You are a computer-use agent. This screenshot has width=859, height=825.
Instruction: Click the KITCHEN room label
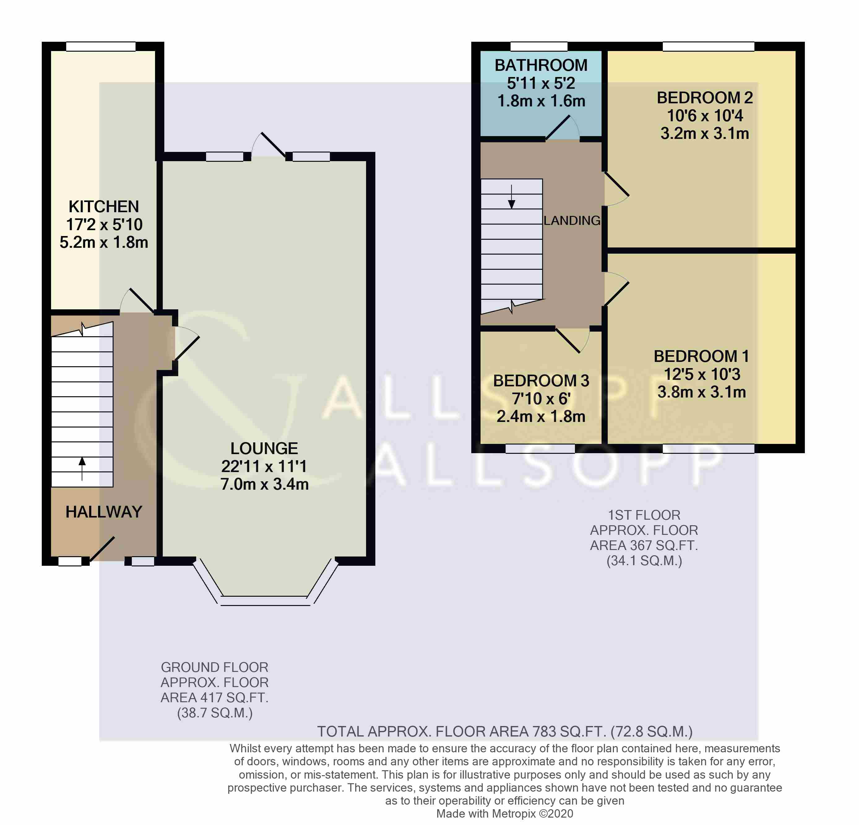[104, 206]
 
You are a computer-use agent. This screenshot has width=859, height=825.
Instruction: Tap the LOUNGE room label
[264, 448]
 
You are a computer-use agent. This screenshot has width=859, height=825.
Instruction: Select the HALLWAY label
[104, 512]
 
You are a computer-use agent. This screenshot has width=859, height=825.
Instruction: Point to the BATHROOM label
[541, 65]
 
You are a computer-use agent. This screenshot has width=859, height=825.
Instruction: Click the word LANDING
[572, 220]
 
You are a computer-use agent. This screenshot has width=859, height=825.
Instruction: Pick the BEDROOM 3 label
[541, 381]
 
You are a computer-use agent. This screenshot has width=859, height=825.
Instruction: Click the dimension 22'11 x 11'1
[264, 466]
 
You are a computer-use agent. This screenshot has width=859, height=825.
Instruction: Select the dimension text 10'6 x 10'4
[705, 116]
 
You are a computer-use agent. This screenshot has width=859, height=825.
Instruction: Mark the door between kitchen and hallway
[137, 301]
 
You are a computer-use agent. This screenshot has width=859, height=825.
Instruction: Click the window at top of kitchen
[101, 46]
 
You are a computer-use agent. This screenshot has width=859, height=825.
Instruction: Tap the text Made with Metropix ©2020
[504, 814]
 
